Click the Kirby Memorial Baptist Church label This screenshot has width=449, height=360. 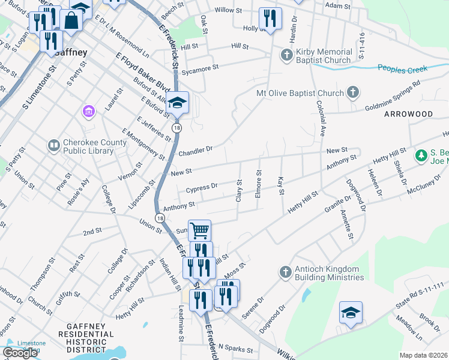tap(323, 56)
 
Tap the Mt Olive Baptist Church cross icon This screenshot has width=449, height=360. tap(354, 92)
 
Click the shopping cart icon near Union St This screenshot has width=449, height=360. tap(199, 229)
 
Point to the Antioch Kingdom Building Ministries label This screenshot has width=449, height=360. tap(330, 274)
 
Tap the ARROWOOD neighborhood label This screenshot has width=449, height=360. tap(408, 113)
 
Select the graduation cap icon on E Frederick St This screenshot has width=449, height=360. tap(177, 102)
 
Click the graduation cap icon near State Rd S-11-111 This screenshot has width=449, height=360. tap(351, 312)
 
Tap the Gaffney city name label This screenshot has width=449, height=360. tap(71, 52)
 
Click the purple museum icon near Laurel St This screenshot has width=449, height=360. tap(89, 112)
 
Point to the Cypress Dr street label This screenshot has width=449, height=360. tap(202, 189)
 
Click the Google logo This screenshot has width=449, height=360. tap(19, 353)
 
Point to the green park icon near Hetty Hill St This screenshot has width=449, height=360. tap(421, 156)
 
